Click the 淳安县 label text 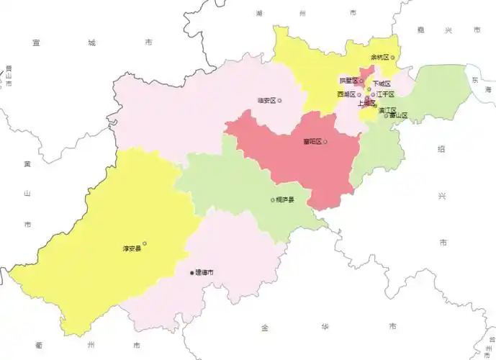132,249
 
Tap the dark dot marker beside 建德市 192,273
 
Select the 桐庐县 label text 285,200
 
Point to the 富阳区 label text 312,142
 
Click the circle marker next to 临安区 280,100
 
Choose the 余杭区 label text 379,57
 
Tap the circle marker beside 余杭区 392,57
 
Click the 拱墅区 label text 348,81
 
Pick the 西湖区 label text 346,94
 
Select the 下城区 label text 382,84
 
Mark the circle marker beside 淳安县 145,243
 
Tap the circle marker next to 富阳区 325,142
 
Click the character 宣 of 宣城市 35,43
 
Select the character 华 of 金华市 329,328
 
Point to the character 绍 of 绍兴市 441,148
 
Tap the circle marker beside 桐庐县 272,200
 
